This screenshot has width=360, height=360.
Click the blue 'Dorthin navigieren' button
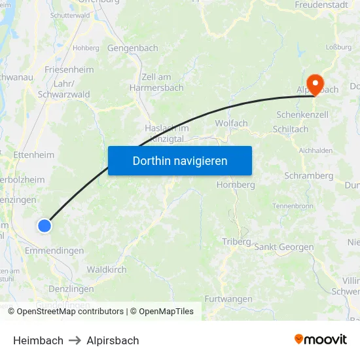click(x=180, y=160)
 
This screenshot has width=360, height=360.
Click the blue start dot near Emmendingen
click(x=44, y=226)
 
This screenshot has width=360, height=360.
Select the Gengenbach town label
click(x=133, y=48)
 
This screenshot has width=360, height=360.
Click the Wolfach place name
click(x=231, y=123)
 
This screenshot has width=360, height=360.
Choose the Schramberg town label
click(x=308, y=175)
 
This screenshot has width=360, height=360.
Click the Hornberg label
click(x=236, y=185)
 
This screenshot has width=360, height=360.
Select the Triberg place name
click(x=236, y=242)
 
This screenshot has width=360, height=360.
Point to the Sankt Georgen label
click(x=285, y=247)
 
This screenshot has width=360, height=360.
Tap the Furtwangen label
click(x=228, y=298)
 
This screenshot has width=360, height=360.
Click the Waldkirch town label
click(x=107, y=269)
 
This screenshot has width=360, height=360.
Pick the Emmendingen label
click(x=54, y=251)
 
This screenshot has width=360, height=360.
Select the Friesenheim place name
click(x=69, y=69)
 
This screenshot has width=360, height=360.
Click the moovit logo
click(x=320, y=340)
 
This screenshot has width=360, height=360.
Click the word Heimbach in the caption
click(x=38, y=340)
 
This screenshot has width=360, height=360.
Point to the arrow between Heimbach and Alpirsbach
click(x=75, y=340)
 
